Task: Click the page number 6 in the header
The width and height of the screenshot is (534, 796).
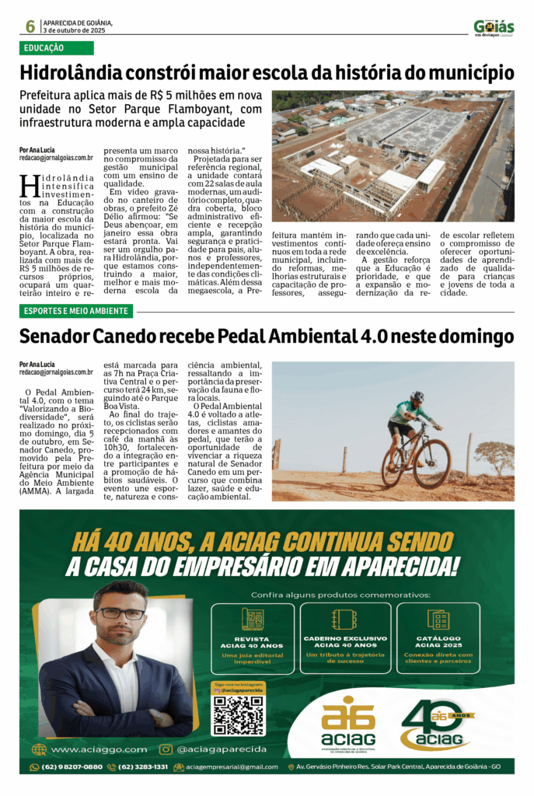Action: click(30, 26)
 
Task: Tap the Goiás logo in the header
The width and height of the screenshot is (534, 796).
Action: click(494, 27)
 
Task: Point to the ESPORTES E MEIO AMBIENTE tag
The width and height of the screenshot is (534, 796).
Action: click(76, 312)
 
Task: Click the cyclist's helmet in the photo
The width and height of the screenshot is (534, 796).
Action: click(417, 396)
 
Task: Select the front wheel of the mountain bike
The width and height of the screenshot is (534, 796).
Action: click(433, 463)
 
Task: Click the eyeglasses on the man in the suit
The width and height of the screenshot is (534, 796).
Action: click(120, 613)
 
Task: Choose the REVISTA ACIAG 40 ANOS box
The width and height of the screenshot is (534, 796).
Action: click(253, 638)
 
